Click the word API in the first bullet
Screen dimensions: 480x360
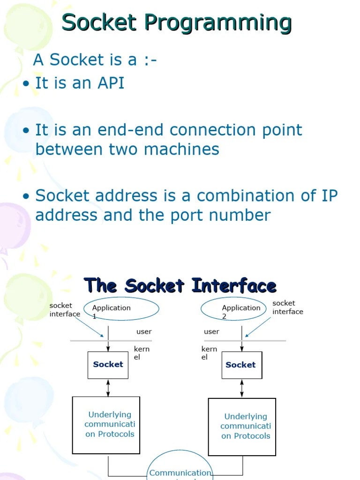111,83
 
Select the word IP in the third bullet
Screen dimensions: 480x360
329,195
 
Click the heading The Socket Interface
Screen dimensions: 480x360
180,285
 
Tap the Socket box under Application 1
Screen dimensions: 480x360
108,365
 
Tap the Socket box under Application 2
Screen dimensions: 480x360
241,365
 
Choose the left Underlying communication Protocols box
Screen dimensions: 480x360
106,425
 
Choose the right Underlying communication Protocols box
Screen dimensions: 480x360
242,426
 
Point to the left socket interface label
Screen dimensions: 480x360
65,309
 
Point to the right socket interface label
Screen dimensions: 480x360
287,307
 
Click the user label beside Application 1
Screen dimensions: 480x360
144,331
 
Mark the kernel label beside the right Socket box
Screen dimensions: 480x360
209,353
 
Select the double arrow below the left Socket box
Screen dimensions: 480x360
108,388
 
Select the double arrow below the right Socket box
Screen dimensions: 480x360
242,388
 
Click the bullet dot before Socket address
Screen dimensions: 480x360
27,196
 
